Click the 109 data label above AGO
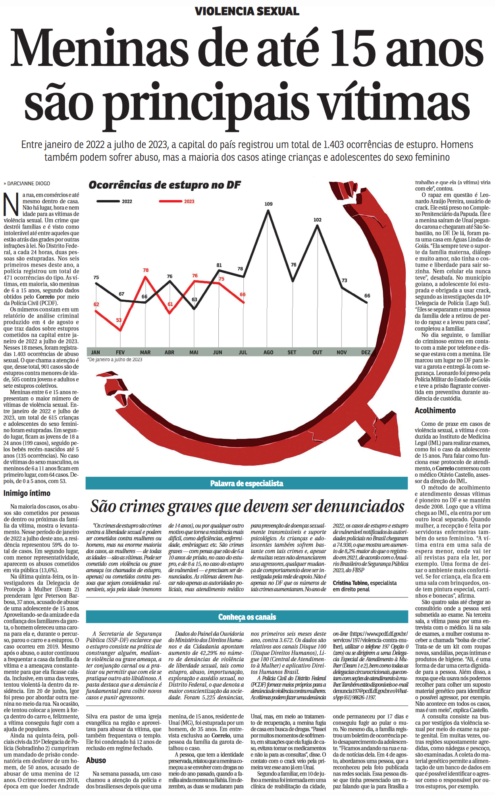click(x=268, y=204)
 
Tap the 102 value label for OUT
click(x=317, y=220)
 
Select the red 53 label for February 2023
click(x=119, y=320)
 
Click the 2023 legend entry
click(x=189, y=202)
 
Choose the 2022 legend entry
click(x=127, y=202)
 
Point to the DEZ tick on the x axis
click(x=366, y=352)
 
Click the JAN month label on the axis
click(x=96, y=352)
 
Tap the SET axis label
click(x=292, y=352)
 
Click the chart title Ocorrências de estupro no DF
click(x=165, y=185)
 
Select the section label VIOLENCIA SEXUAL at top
click(x=247, y=11)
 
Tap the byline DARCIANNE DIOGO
click(x=29, y=184)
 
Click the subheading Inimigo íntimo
click(x=27, y=493)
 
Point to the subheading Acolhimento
click(x=435, y=410)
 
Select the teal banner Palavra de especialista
click(x=247, y=483)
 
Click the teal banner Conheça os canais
click(x=247, y=617)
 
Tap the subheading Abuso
click(x=96, y=760)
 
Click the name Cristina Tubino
click(x=348, y=583)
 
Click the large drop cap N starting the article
click(x=11, y=204)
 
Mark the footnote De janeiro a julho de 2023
click(x=115, y=360)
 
